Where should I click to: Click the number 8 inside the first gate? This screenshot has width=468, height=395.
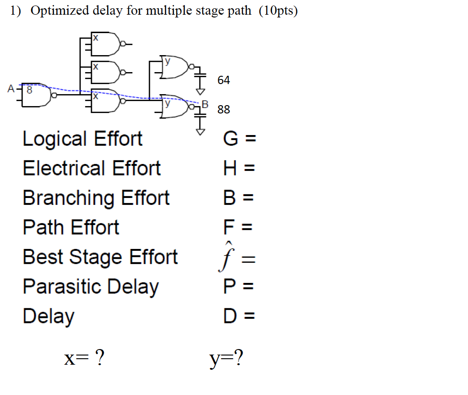point(29,90)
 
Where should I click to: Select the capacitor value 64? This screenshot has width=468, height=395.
point(223,80)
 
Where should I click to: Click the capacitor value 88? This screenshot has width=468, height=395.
point(223,109)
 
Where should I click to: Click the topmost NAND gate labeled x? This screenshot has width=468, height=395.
point(105,44)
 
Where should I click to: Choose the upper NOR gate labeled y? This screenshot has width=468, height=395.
point(175,68)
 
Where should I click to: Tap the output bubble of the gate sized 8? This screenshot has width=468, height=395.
point(54,96)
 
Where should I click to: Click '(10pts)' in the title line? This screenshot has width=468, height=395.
point(278,11)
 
